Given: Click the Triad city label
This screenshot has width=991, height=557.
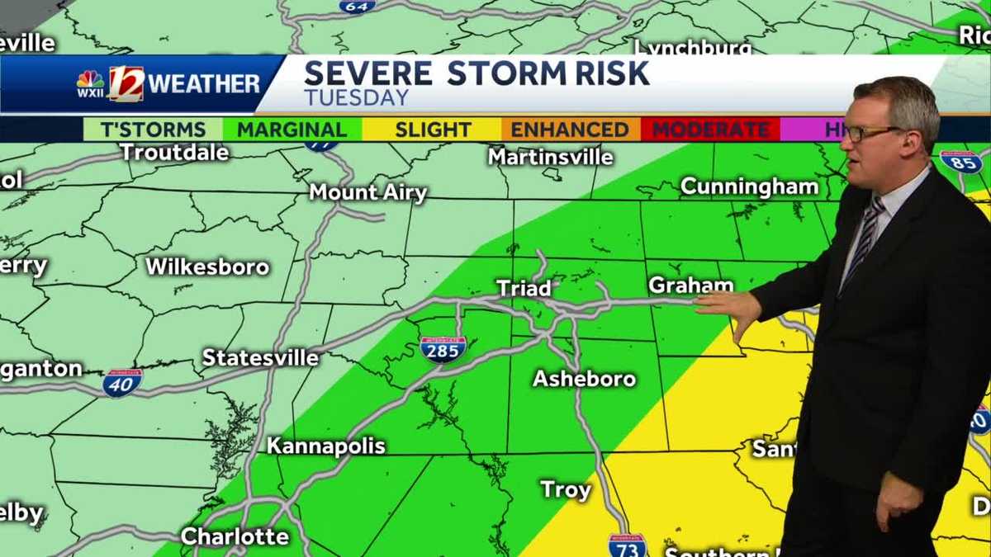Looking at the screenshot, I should click(x=524, y=288).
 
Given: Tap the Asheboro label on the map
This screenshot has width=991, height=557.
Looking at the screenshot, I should click(x=584, y=379).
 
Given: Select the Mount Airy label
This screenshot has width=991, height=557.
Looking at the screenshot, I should click(x=367, y=192).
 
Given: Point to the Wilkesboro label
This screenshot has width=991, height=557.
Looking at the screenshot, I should click(x=207, y=267).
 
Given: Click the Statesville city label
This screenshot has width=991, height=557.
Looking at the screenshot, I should click(x=260, y=357).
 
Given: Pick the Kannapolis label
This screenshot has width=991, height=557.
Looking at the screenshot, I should click(x=325, y=446).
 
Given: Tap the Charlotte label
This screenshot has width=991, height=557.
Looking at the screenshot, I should click(x=235, y=536).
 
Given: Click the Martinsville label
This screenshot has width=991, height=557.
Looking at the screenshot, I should click(x=550, y=156).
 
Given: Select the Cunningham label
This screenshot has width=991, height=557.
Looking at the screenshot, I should click(x=749, y=186).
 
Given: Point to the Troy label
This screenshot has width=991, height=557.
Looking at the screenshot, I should click(x=566, y=489).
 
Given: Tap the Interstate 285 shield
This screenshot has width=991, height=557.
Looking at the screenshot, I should click(x=443, y=349).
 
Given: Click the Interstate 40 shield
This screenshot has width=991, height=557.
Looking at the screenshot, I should click(x=122, y=383).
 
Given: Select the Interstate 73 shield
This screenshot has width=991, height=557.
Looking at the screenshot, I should click(x=627, y=545).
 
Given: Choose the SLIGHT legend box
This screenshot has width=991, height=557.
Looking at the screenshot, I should click(x=433, y=130).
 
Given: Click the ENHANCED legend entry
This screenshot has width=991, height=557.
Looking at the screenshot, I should click(x=570, y=130).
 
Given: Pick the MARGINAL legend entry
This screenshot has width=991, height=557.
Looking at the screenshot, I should click(x=292, y=130).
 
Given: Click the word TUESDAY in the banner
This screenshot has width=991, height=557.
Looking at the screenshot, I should click(x=356, y=97).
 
